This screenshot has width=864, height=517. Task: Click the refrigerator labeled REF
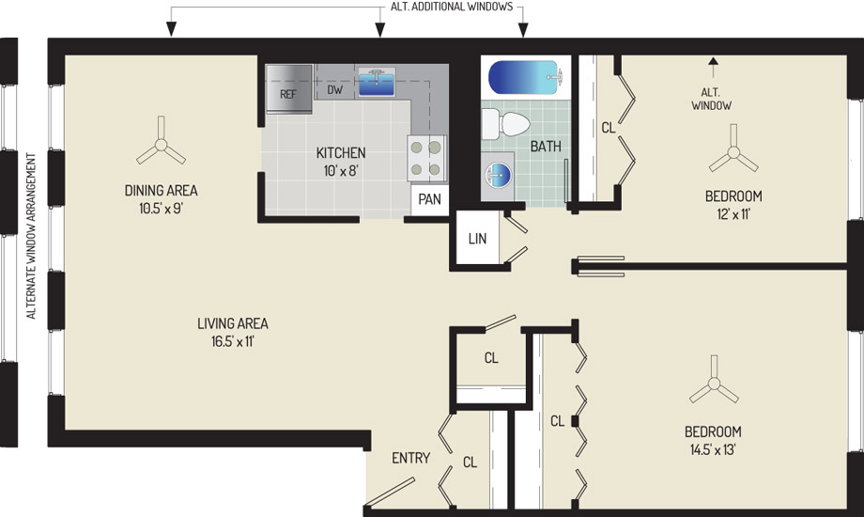click(x=288, y=89)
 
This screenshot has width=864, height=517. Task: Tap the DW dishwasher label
click(x=335, y=89)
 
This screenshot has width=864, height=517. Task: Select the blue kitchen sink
click(x=377, y=82)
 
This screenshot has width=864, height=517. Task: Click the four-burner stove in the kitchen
click(x=426, y=158)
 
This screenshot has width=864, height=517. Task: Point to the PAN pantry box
click(x=430, y=198)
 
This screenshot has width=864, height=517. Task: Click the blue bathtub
click(x=525, y=77)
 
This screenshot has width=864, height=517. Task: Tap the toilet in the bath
click(x=506, y=124)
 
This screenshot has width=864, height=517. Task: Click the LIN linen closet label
click(x=477, y=239)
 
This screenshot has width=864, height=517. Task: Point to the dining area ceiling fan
click(x=161, y=145)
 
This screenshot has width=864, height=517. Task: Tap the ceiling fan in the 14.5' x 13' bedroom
click(x=714, y=384)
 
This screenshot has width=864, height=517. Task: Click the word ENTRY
click(x=410, y=458)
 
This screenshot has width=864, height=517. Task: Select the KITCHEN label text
click(x=341, y=152)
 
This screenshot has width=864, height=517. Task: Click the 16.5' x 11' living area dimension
click(x=233, y=341)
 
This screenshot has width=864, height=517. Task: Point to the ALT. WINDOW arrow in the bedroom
click(x=714, y=69)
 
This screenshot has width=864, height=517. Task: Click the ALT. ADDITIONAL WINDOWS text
click(x=452, y=7)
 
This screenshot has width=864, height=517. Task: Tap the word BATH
click(x=546, y=147)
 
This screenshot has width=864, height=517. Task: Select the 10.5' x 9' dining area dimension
click(x=161, y=209)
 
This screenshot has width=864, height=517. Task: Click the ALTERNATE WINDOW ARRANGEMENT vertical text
click(x=31, y=236)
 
